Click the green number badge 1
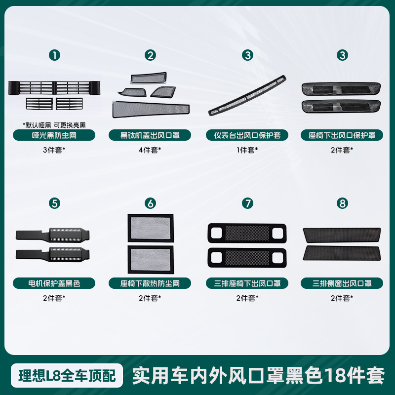(x=54, y=55)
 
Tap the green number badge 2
(x=150, y=55)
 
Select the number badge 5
(x=54, y=203)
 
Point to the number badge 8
(x=343, y=203)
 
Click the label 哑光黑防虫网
(x=54, y=135)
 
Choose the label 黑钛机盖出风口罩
(x=150, y=135)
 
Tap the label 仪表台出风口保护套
(x=247, y=135)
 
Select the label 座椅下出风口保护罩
(x=342, y=135)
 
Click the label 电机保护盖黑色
(x=54, y=283)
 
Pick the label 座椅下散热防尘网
(x=150, y=283)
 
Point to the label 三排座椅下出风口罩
(x=247, y=283)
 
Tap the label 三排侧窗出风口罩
(x=342, y=283)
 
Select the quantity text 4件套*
(x=150, y=150)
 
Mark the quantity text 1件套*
(x=247, y=150)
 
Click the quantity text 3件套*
(x=54, y=150)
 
